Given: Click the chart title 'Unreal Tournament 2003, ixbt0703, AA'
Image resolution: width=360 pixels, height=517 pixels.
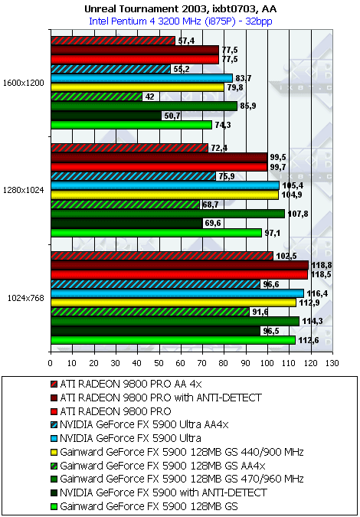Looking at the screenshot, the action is [180, 9].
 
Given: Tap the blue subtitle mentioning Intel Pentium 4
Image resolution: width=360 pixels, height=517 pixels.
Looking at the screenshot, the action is [180, 21].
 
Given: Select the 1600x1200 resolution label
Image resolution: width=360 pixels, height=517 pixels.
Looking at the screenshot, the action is [23, 83].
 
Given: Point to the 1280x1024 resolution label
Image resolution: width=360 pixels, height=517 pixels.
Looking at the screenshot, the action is [23, 190].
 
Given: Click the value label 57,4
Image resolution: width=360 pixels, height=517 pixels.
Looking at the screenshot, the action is [184, 41].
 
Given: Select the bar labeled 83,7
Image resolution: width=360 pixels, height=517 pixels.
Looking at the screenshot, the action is [142, 78].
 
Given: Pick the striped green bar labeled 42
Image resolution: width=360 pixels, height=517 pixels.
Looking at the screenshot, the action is [97, 97].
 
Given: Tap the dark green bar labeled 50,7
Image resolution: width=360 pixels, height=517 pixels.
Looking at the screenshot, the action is [106, 116].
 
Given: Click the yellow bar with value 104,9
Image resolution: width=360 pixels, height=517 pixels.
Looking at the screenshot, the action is [165, 195].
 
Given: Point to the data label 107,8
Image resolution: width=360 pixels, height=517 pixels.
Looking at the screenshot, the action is [296, 214].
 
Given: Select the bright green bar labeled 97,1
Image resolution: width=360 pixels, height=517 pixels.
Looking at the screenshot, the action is [156, 233].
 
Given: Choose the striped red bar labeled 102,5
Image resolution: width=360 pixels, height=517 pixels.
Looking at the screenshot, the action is [162, 256].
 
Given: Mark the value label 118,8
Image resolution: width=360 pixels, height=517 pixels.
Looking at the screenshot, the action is [319, 266].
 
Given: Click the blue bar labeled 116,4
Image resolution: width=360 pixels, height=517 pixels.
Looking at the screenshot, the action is [178, 293].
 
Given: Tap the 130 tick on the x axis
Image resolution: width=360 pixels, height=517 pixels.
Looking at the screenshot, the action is [332, 363].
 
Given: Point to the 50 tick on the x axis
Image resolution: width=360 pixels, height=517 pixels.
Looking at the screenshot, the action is [159, 363].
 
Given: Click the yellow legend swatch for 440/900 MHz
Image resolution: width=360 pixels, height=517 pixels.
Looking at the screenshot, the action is [54, 453].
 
